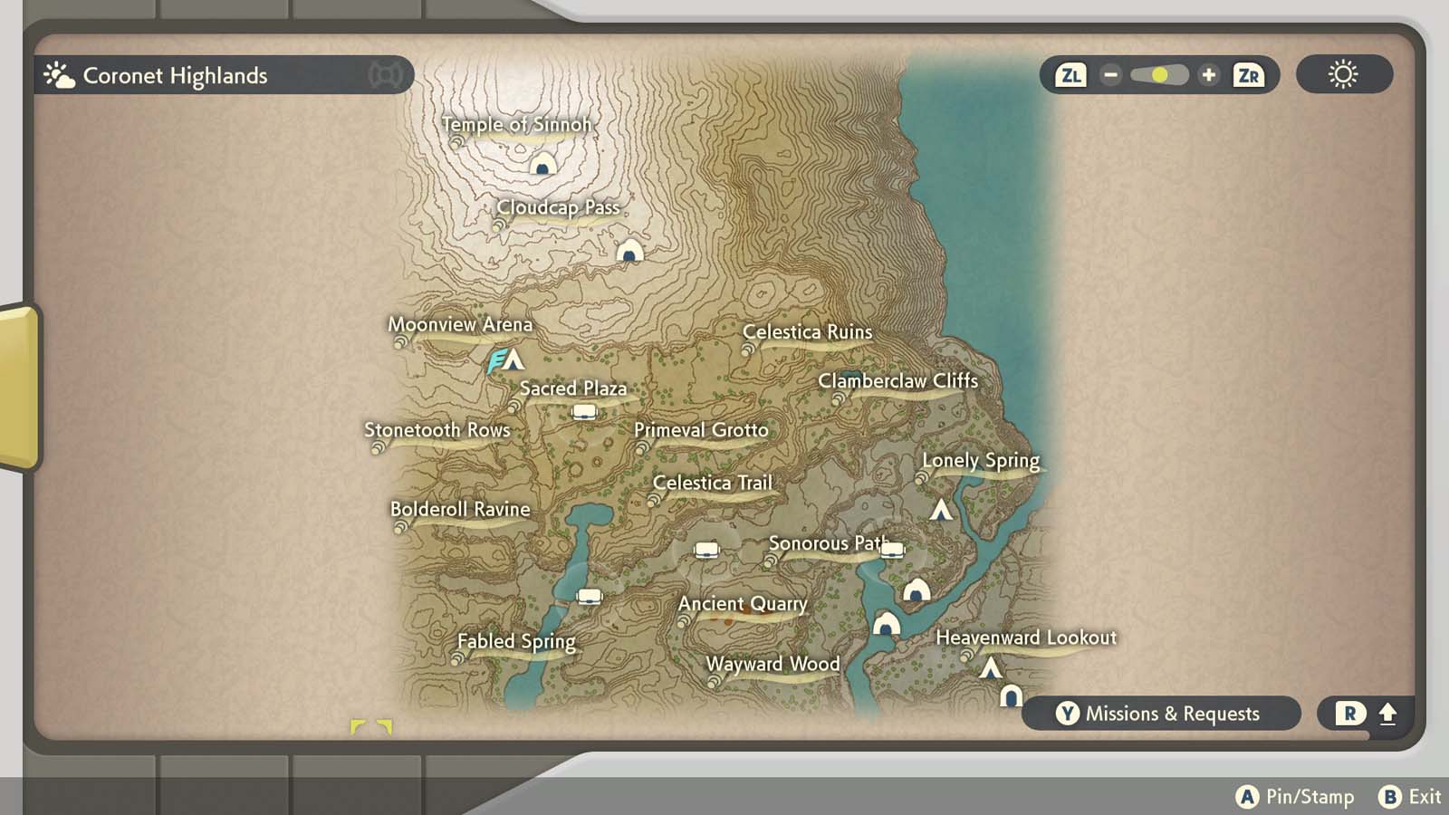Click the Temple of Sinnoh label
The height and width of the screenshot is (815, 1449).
516,124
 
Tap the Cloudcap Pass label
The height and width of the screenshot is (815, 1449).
558,207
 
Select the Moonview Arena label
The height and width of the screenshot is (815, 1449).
460,324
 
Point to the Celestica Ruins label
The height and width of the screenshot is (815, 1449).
807,332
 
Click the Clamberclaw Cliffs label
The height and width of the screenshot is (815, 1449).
897,381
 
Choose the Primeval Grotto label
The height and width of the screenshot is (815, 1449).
701,430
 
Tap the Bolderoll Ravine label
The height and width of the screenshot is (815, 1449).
460,509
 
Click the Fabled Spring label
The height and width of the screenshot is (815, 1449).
516,641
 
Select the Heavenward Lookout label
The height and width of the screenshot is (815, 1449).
1025,638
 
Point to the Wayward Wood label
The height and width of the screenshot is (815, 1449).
772,664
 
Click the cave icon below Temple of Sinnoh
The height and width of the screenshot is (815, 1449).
542,165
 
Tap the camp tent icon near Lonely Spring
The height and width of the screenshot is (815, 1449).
941,510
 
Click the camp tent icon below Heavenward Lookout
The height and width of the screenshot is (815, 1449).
991,668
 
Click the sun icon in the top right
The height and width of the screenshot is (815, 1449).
1343,74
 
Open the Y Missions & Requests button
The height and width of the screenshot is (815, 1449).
1159,714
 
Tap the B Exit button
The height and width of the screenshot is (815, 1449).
1409,797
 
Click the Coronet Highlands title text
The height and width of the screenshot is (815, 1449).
175,76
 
